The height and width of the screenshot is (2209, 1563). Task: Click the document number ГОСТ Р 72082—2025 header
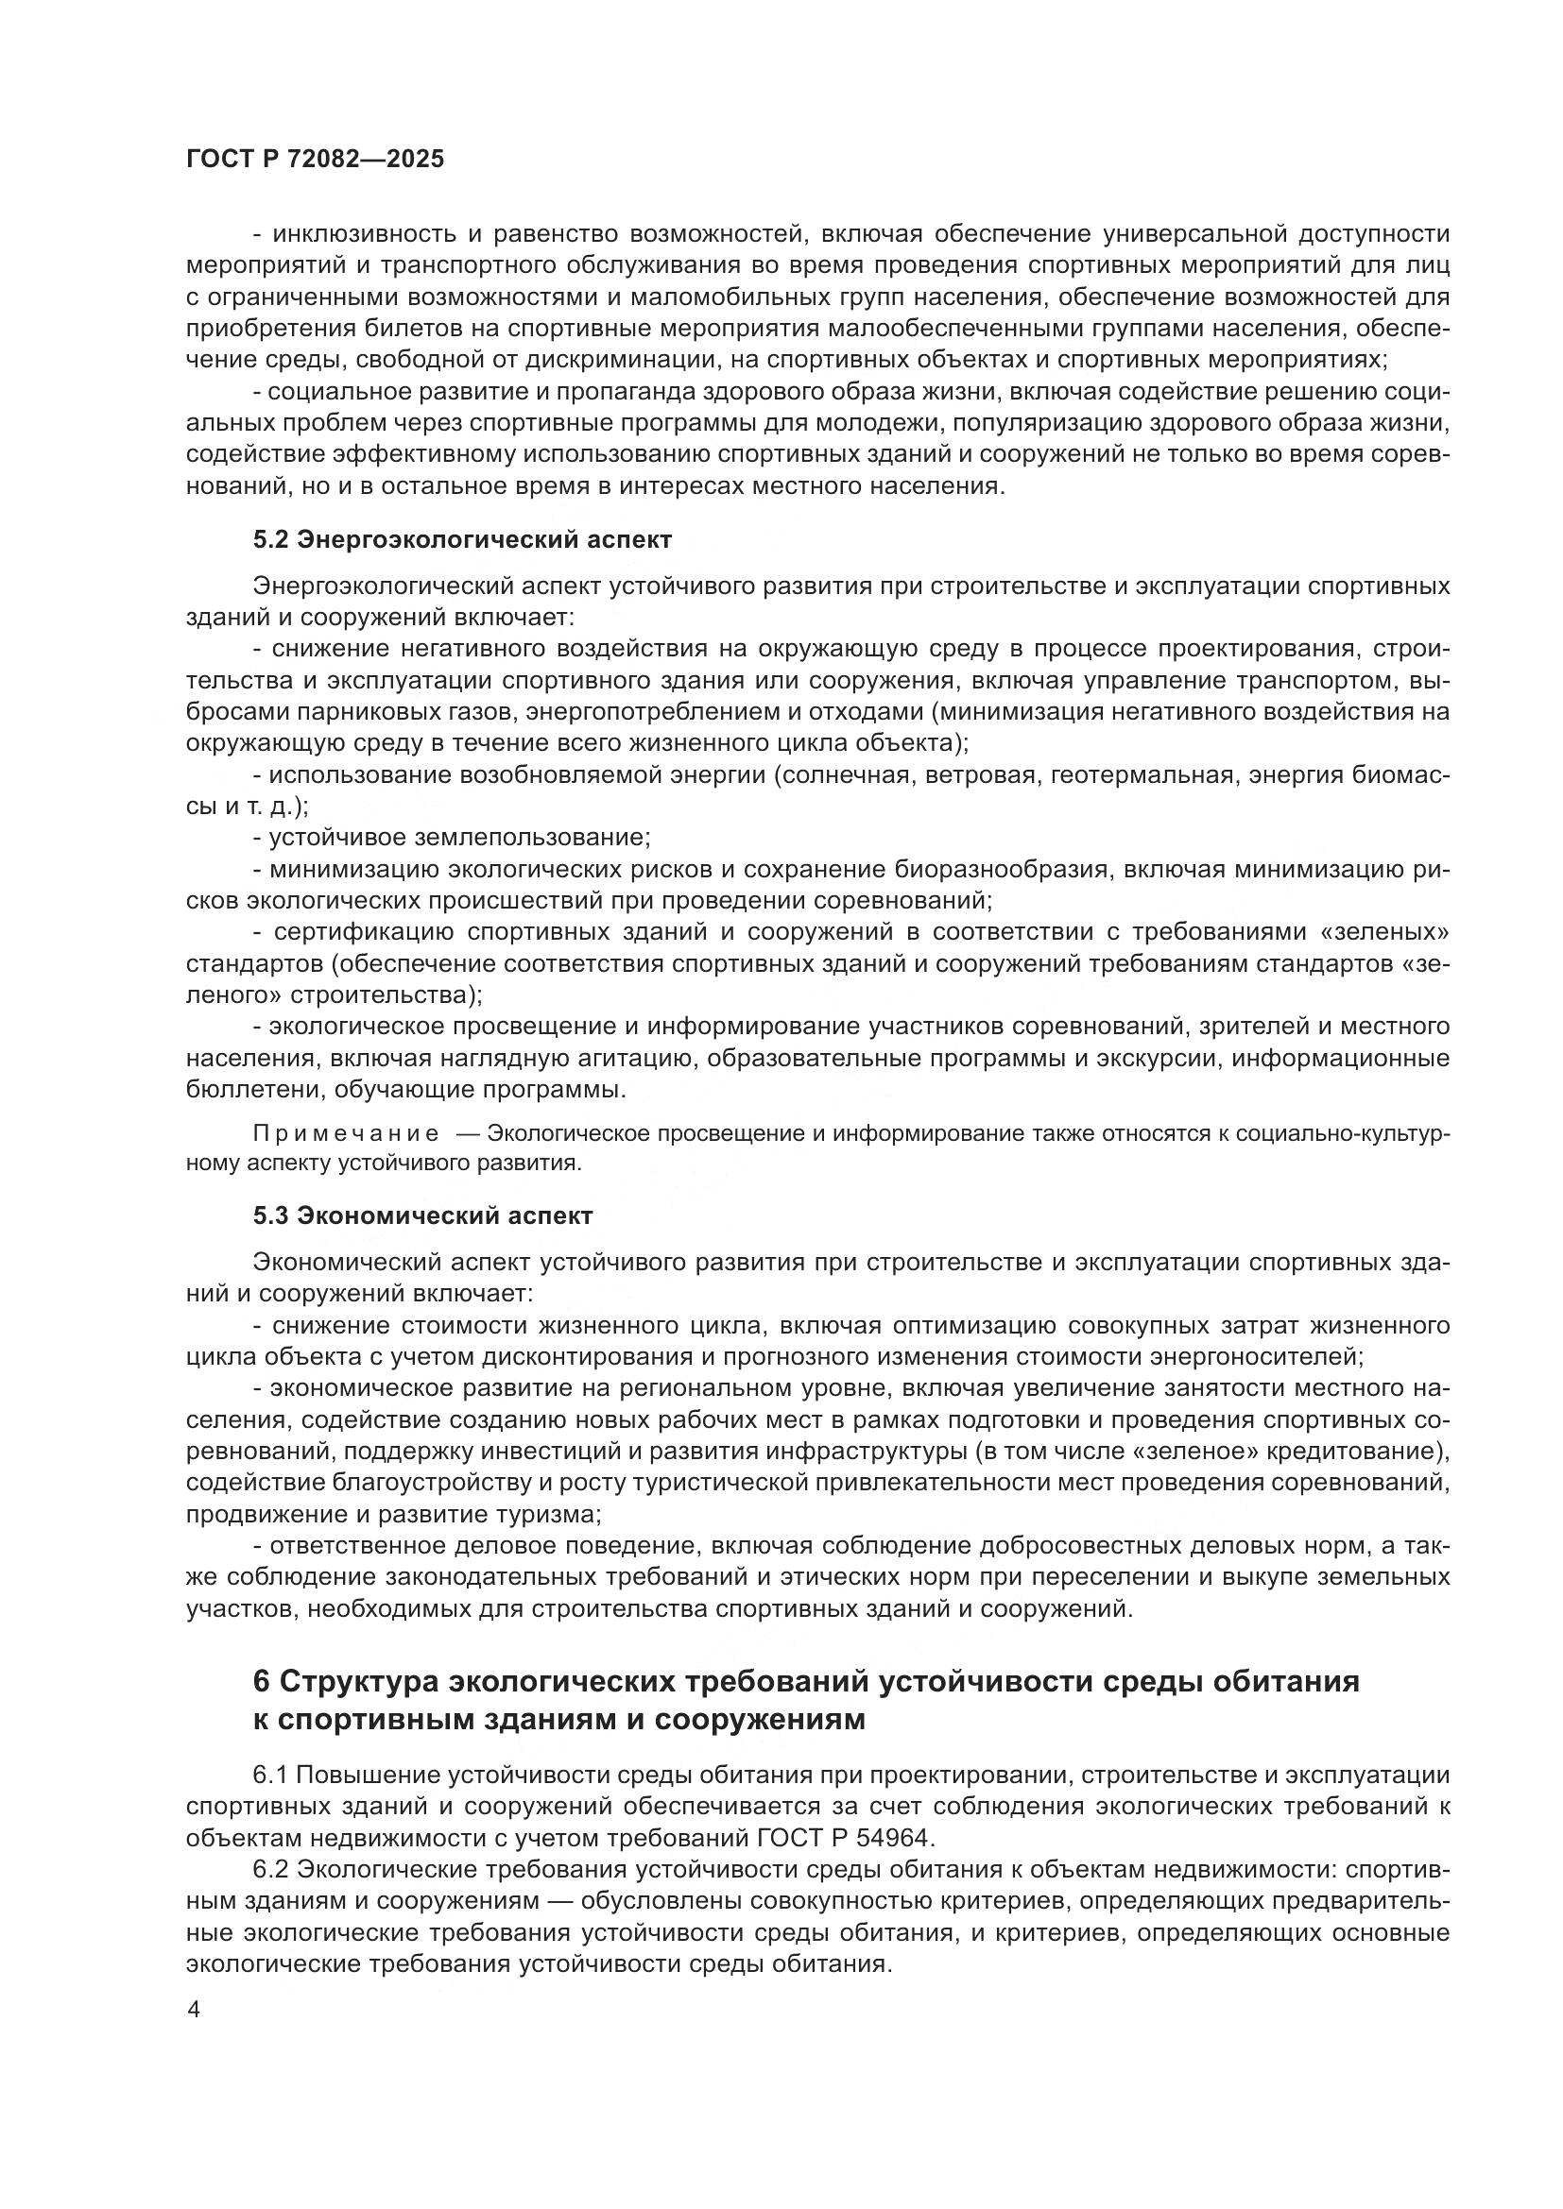pyautogui.click(x=315, y=159)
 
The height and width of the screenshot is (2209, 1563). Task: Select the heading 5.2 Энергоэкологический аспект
pyautogui.click(x=462, y=540)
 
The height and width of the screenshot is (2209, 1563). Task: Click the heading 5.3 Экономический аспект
pyautogui.click(x=422, y=1215)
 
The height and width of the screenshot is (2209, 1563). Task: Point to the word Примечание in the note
pyautogui.click(x=346, y=1133)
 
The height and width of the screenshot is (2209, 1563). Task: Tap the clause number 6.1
pyautogui.click(x=270, y=1776)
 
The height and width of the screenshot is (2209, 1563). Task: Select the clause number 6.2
pyautogui.click(x=270, y=1869)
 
